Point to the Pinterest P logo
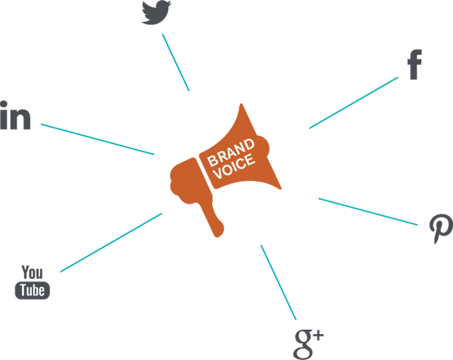click(440, 226)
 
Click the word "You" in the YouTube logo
click(32, 272)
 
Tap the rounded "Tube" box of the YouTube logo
click(32, 290)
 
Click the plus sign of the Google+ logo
click(317, 333)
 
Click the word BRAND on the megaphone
click(229, 152)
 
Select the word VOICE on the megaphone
click(236, 165)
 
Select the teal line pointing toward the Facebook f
click(353, 103)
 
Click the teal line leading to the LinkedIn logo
click(97, 139)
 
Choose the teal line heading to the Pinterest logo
click(368, 211)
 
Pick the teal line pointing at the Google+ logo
click(278, 282)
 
